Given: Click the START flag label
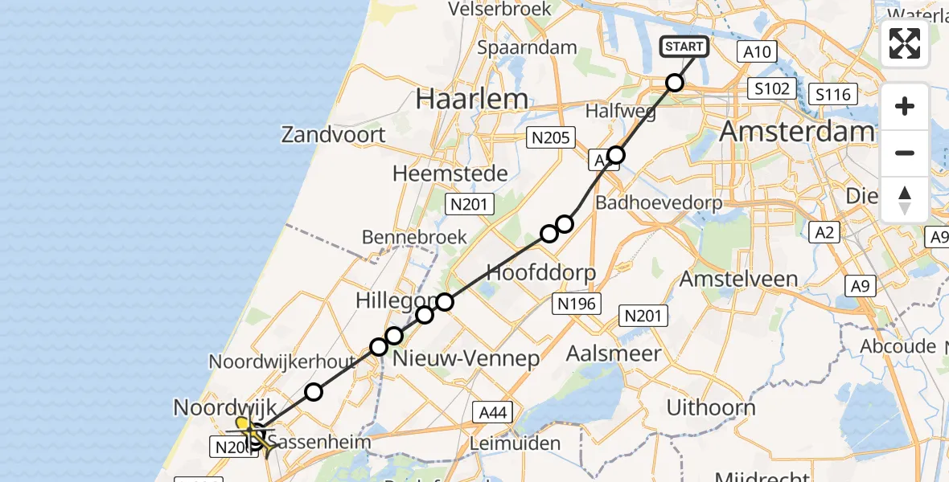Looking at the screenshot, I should click(x=684, y=47).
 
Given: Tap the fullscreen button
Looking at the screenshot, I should click(x=905, y=43).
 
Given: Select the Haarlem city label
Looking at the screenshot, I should click(x=472, y=99).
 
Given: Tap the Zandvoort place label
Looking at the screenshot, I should click(x=333, y=134).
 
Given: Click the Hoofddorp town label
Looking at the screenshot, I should click(x=541, y=272).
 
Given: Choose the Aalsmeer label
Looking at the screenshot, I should click(x=614, y=353).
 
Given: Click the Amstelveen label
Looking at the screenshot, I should click(x=738, y=280).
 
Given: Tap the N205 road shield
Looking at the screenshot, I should click(x=550, y=138).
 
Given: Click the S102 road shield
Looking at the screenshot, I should click(x=771, y=88).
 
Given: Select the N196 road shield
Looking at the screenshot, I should click(x=575, y=303).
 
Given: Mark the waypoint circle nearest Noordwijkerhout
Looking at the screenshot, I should click(x=314, y=392).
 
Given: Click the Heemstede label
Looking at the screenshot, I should click(x=450, y=174).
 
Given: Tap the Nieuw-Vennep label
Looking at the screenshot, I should click(x=466, y=358).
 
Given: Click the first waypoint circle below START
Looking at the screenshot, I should click(x=675, y=83).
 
